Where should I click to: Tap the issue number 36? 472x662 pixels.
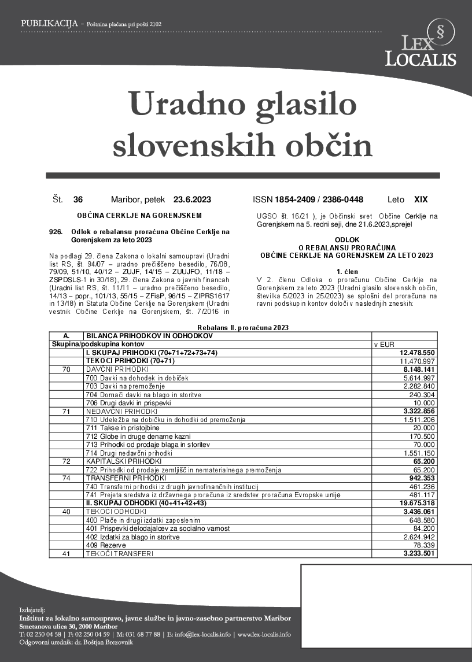tap(78, 200)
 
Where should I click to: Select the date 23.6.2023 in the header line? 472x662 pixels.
tap(192, 200)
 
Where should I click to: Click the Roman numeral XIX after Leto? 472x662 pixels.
tap(421, 200)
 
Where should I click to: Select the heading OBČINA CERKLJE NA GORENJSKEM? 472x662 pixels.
tap(139, 216)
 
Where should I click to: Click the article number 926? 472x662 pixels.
tap(56, 232)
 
